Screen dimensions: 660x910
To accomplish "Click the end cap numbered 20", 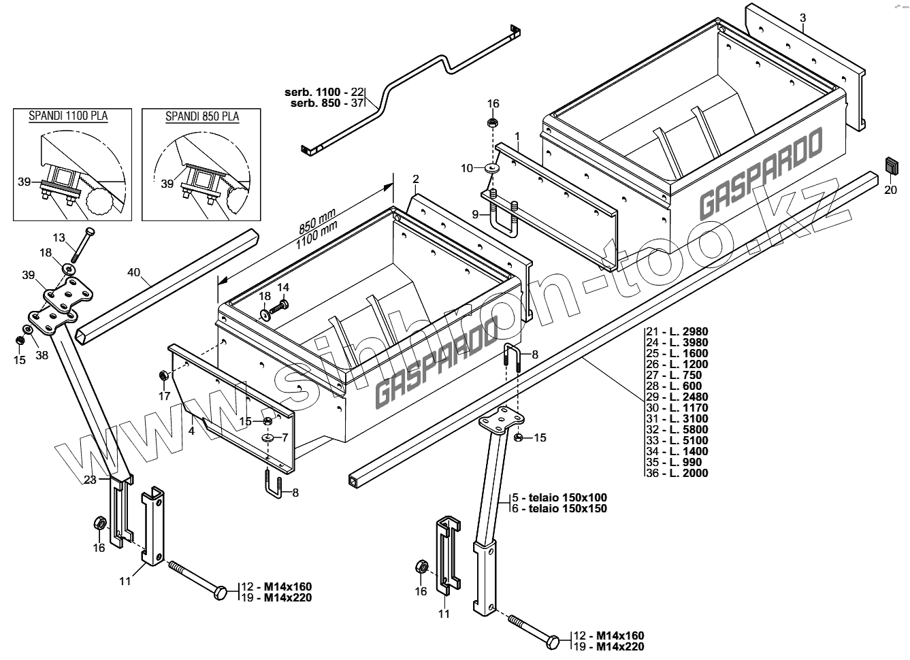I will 892,165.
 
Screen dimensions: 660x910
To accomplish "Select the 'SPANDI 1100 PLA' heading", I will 68,116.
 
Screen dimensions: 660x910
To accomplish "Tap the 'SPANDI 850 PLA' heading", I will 202,116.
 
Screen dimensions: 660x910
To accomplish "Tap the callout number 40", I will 134,273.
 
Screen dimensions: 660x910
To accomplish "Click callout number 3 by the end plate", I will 803,17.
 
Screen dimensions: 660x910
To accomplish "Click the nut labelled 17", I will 163,376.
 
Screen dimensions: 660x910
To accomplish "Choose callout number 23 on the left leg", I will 89,480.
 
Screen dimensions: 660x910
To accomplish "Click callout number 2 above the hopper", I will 415,179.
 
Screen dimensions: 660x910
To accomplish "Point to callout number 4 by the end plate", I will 192,430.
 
